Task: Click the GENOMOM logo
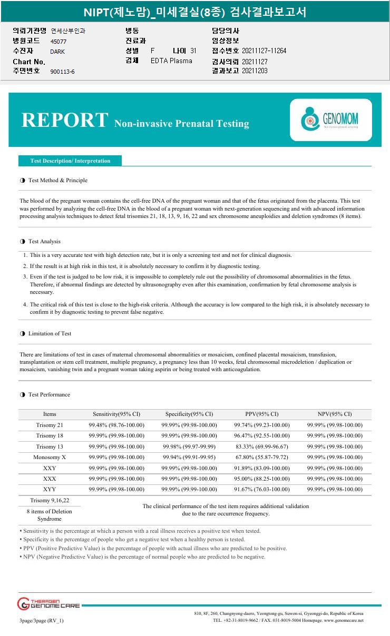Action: pos(330,120)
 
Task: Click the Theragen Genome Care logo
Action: pos(48,603)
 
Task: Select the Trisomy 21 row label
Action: pos(50,425)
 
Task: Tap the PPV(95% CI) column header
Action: pos(262,414)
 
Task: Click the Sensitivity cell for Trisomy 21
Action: pos(116,425)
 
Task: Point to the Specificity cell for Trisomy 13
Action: pos(189,446)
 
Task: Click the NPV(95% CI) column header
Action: pos(335,414)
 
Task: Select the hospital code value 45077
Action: pos(58,41)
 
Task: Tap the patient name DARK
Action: pos(57,52)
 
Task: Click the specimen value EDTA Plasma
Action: pos(171,61)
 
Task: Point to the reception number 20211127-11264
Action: pos(264,51)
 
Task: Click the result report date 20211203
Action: pos(255,71)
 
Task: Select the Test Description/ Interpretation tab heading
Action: pos(70,161)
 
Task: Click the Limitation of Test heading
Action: pos(50,333)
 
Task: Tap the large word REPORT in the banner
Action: pos(65,120)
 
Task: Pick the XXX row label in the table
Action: pos(50,479)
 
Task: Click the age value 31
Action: pos(193,51)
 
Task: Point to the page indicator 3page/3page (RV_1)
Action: pos(42,620)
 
